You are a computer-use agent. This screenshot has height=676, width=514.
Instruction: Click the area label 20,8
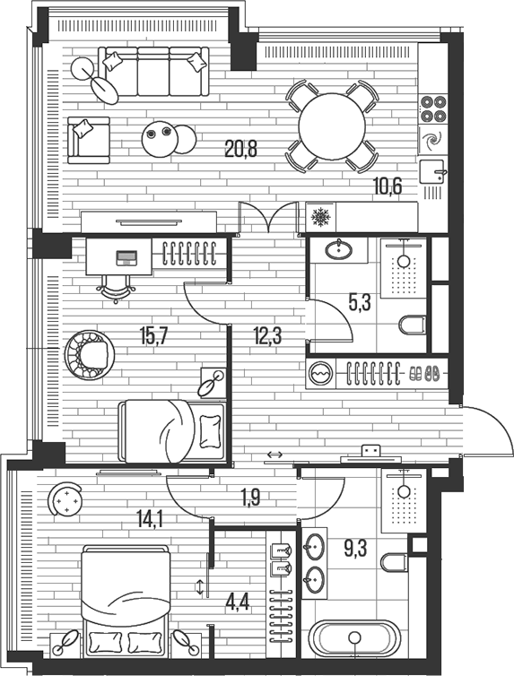coord(240,150)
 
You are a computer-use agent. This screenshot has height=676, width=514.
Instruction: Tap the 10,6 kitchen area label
coord(388,186)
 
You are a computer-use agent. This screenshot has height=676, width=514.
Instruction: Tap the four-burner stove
coord(433,108)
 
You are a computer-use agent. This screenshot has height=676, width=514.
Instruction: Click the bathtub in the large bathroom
coord(354,639)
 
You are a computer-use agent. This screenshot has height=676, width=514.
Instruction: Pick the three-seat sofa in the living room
coord(152,71)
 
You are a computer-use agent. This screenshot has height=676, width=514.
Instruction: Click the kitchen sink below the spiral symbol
coord(435,169)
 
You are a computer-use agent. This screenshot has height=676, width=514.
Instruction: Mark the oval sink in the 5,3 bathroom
coord(339,249)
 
